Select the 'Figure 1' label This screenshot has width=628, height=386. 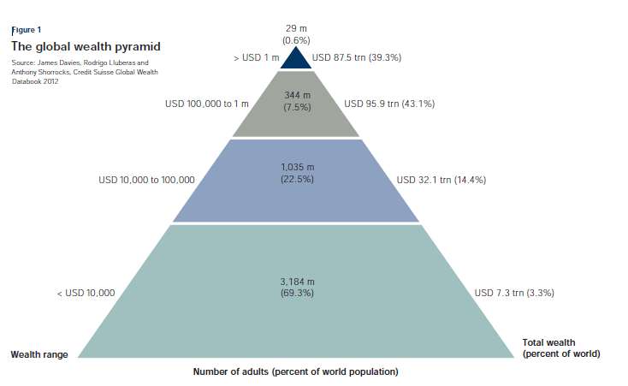click(x=26, y=30)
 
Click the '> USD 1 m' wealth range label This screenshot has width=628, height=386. click(x=256, y=58)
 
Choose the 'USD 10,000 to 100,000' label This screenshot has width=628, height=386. click(x=146, y=181)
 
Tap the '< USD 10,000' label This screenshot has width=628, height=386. click(x=86, y=293)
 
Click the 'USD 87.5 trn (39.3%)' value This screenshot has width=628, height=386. click(x=357, y=58)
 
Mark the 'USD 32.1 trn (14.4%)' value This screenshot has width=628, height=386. click(x=441, y=181)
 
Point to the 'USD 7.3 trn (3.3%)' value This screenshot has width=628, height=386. click(x=514, y=293)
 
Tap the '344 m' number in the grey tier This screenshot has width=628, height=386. click(x=296, y=95)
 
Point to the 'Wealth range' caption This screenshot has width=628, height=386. click(x=39, y=353)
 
